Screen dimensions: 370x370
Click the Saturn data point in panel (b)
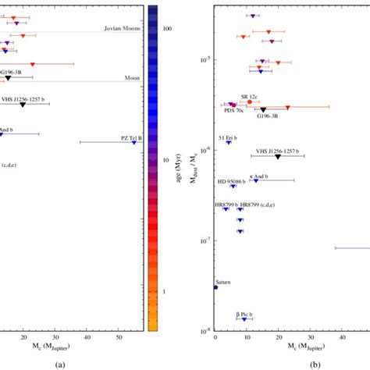pyautogui.click(x=215, y=287)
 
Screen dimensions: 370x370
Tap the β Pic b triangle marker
pyautogui.click(x=244, y=318)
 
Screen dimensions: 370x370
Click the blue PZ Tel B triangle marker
pyautogui.click(x=133, y=143)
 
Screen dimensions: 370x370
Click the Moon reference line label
pyautogui.click(x=132, y=78)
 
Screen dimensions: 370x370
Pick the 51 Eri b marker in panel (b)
pyautogui.click(x=229, y=142)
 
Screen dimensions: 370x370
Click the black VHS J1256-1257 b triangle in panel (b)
pyautogui.click(x=277, y=157)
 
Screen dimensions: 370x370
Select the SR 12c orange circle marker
pyautogui.click(x=250, y=101)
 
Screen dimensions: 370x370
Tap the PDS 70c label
pyautogui.click(x=234, y=112)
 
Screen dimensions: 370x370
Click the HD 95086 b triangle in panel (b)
pyautogui.click(x=233, y=186)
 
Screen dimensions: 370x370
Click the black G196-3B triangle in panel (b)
pyautogui.click(x=263, y=110)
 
